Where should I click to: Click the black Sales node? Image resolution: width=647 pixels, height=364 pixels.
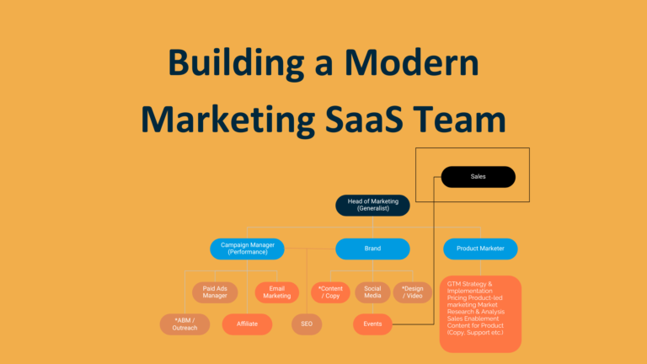point(479,177)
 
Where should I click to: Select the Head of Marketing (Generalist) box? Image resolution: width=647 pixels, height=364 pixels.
point(372,205)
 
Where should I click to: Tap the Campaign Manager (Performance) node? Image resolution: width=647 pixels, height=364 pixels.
point(247,249)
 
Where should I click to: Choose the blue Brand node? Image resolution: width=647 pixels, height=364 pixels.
point(372,249)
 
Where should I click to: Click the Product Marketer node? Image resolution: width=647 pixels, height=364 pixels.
point(480,249)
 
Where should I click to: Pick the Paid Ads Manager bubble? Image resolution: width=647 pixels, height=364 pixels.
point(215,292)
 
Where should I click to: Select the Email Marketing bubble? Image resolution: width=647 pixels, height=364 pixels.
point(277,292)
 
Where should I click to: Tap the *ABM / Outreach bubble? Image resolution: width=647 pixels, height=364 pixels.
point(184,324)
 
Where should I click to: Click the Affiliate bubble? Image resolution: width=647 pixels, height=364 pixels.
point(247,324)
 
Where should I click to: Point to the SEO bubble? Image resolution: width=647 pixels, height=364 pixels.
point(307,324)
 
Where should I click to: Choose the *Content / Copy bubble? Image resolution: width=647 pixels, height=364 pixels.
point(330,292)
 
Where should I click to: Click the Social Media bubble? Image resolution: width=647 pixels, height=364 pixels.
point(372,292)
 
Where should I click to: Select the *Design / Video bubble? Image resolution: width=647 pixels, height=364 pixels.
point(413,292)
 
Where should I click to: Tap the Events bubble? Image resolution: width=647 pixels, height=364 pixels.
point(372,324)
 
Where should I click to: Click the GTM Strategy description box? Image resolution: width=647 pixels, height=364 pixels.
point(480,314)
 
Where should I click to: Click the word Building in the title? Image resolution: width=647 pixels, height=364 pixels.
point(236,63)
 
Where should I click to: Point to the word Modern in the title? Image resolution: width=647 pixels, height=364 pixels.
point(411,62)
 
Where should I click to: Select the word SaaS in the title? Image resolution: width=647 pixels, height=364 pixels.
point(364,119)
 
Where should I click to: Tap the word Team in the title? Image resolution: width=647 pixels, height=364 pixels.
point(459,119)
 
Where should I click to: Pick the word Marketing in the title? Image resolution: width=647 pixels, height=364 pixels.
point(228,120)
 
